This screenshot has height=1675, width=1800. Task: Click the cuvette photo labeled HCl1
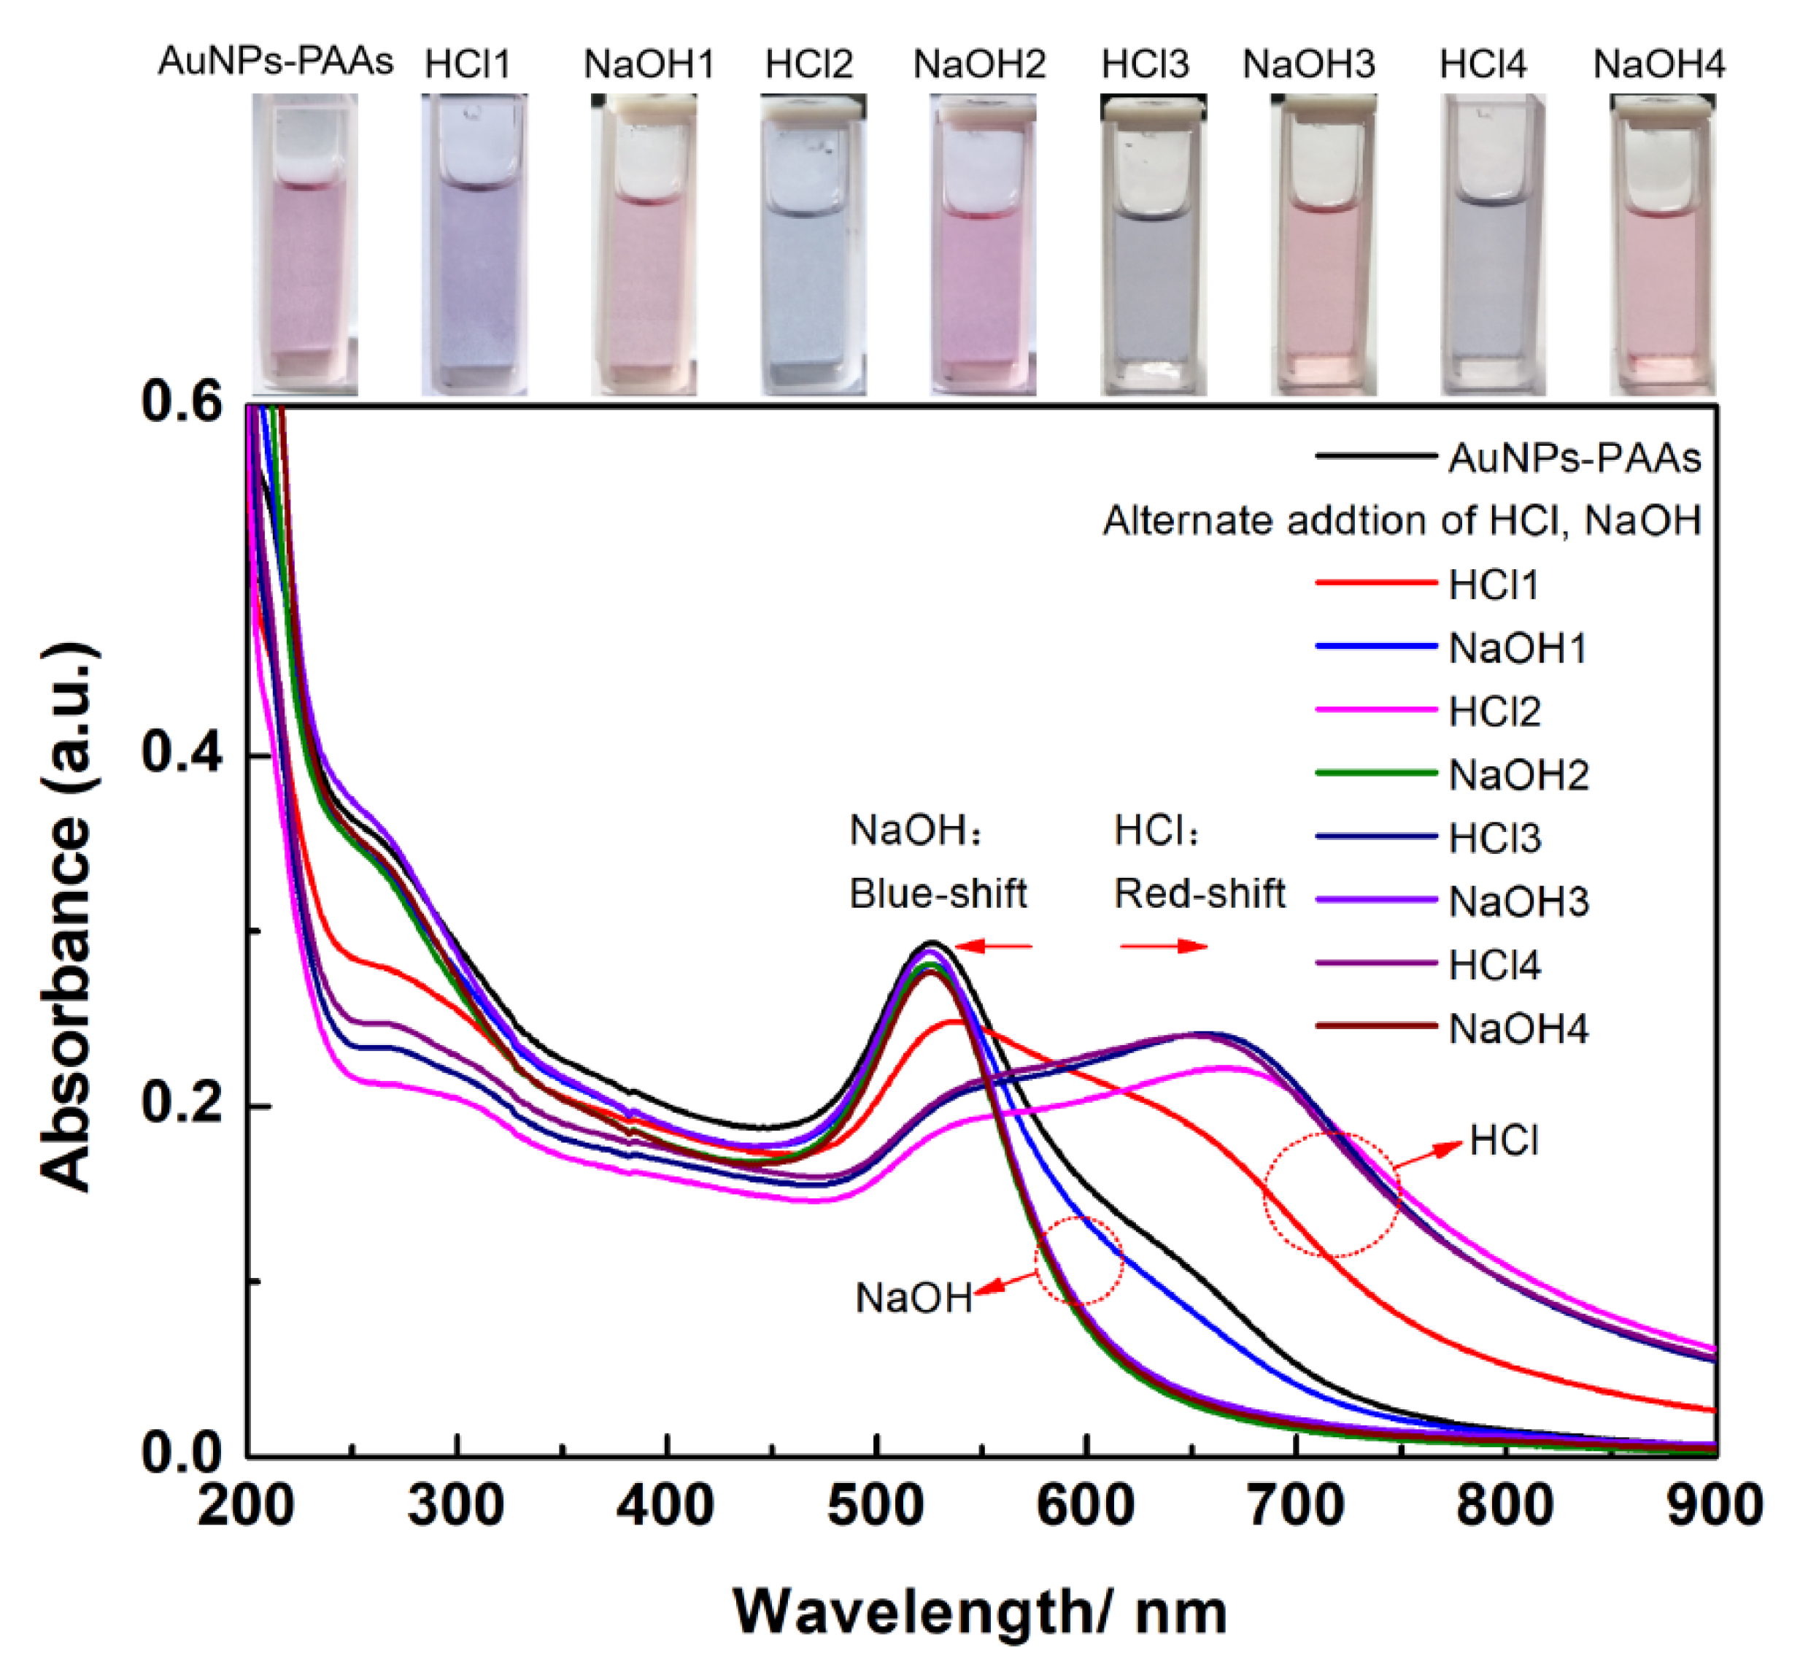tap(474, 244)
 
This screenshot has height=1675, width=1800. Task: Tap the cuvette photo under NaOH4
tap(1662, 244)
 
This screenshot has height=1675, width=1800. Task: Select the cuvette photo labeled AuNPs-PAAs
tap(304, 244)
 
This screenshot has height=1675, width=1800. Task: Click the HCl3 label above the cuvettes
tap(1145, 64)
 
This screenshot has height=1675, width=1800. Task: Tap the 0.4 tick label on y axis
tap(182, 754)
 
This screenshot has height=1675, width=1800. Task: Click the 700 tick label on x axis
tap(1296, 1505)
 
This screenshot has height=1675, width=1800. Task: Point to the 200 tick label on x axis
tap(245, 1505)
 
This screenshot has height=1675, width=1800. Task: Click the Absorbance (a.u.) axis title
tap(67, 916)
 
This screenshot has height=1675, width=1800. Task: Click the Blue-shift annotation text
tap(937, 894)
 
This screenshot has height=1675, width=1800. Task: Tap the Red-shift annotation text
tap(1199, 894)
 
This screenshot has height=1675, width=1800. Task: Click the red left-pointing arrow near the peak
tap(993, 947)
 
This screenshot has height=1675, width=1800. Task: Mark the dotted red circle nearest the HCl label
tap(1332, 1194)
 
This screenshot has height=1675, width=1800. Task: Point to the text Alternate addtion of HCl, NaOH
tap(1402, 522)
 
